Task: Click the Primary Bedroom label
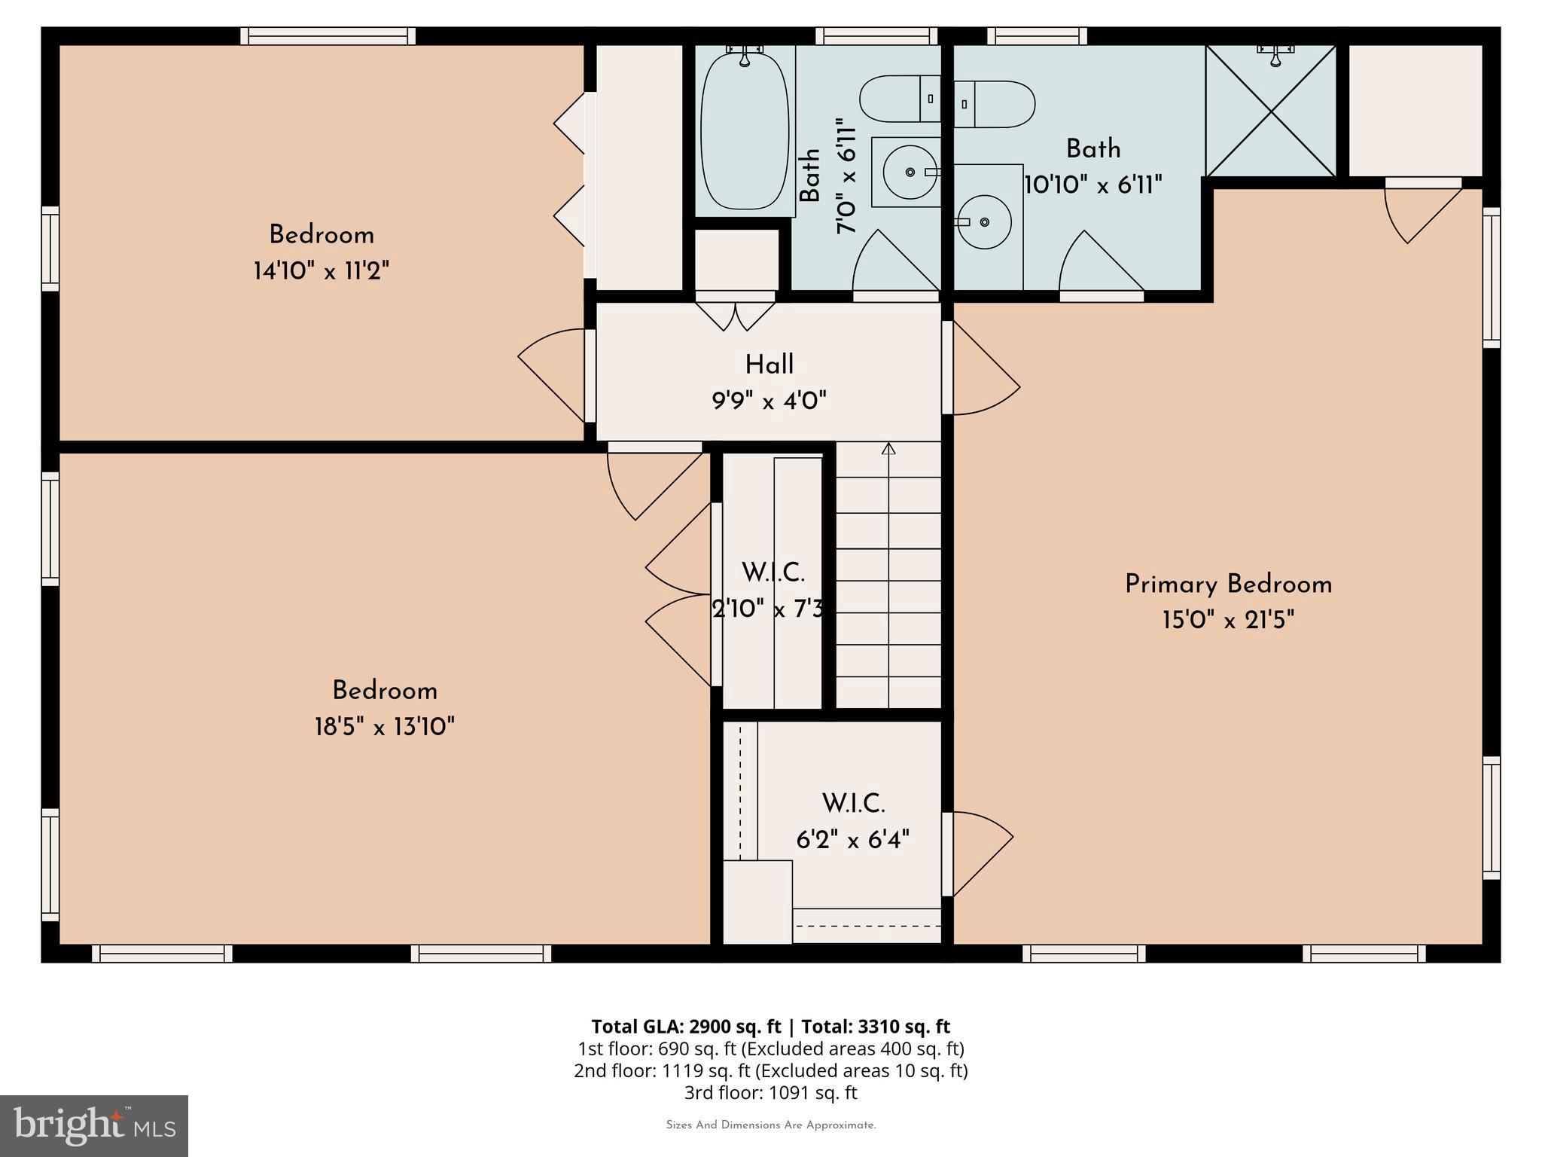(1228, 585)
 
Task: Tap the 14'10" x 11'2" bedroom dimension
(322, 271)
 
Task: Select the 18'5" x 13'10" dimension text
(385, 727)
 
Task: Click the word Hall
(769, 365)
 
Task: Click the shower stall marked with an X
(1271, 111)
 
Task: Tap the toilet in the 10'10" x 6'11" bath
(995, 104)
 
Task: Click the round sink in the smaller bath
(910, 172)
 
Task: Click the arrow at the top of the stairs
(888, 450)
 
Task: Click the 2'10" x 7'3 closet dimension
(768, 609)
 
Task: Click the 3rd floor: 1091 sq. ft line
(770, 1092)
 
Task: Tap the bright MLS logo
(94, 1125)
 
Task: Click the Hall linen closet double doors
(735, 315)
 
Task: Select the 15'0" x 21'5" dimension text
(1228, 621)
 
